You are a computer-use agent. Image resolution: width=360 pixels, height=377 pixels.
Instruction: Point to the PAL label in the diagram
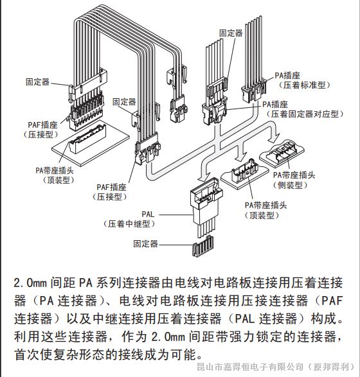tap(149, 213)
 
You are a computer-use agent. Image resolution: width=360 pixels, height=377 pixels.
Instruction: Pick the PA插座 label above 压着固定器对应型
tap(274, 103)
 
